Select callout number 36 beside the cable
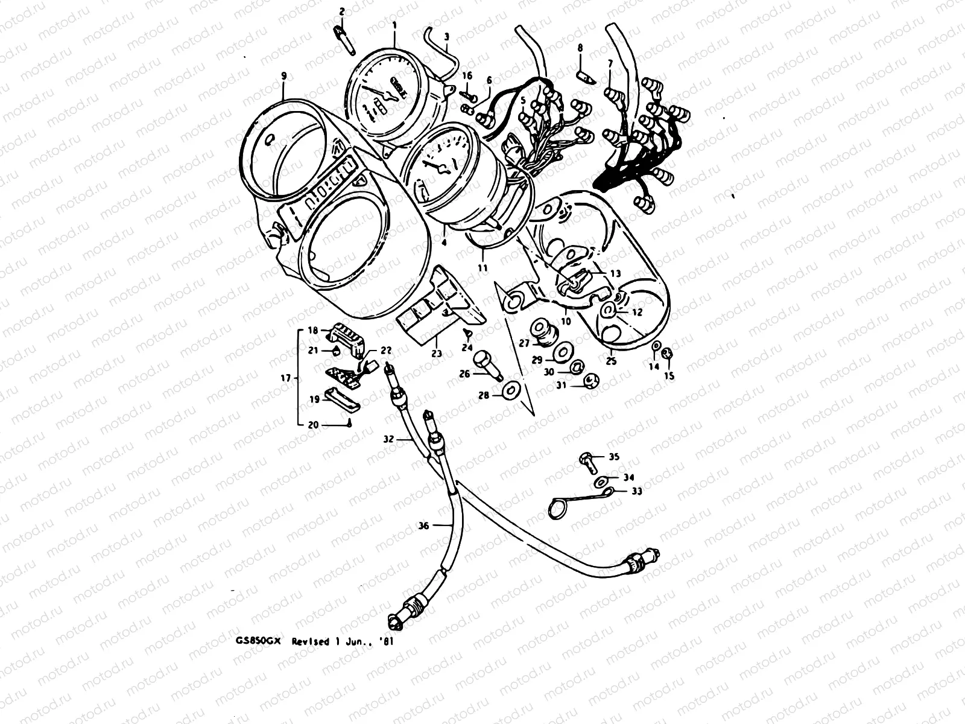tap(424, 526)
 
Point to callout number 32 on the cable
tap(388, 440)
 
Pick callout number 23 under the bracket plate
tap(437, 354)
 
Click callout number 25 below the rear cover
tap(612, 361)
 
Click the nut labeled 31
tap(591, 381)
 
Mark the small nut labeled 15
tap(667, 354)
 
